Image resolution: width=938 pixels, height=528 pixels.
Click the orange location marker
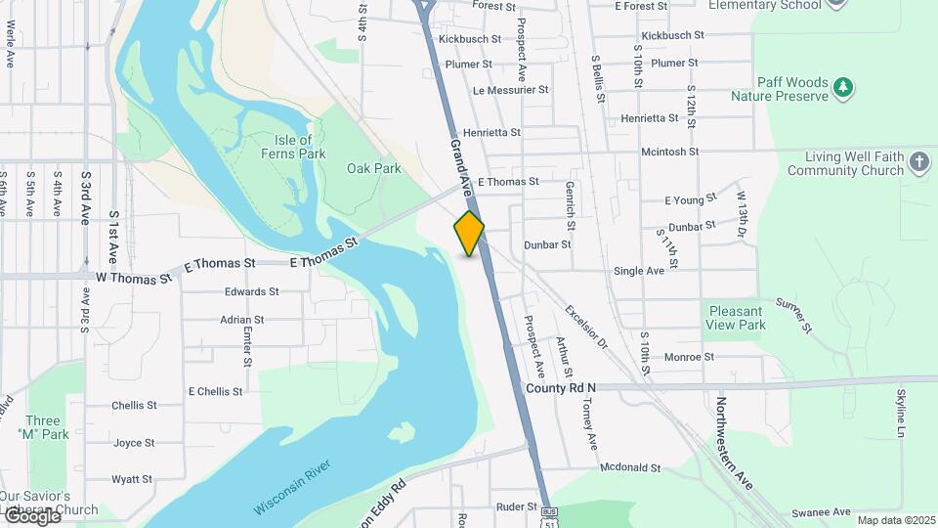click(469, 234)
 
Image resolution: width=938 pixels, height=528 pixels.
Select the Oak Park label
click(374, 168)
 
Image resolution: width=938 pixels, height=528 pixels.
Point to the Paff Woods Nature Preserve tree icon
click(842, 89)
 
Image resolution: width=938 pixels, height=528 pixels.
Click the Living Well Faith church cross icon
click(918, 162)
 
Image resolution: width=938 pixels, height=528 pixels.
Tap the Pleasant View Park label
click(737, 318)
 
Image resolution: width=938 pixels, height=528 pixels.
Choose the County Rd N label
click(560, 388)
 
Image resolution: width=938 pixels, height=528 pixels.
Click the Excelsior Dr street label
click(586, 328)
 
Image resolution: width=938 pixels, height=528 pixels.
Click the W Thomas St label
click(134, 278)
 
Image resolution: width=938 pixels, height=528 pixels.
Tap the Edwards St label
click(251, 291)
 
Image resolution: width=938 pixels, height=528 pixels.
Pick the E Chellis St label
click(215, 391)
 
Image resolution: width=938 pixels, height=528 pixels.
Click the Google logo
click(31, 515)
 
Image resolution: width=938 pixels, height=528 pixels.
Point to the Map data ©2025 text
click(895, 520)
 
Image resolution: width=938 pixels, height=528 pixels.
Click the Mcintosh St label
click(669, 152)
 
